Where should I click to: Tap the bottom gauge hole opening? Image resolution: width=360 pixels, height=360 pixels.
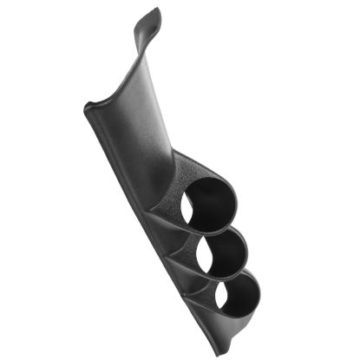click(x=233, y=295)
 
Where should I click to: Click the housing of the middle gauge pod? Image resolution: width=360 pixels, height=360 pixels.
click(x=193, y=246)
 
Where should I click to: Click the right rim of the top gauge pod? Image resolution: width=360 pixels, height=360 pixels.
click(x=236, y=200)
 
